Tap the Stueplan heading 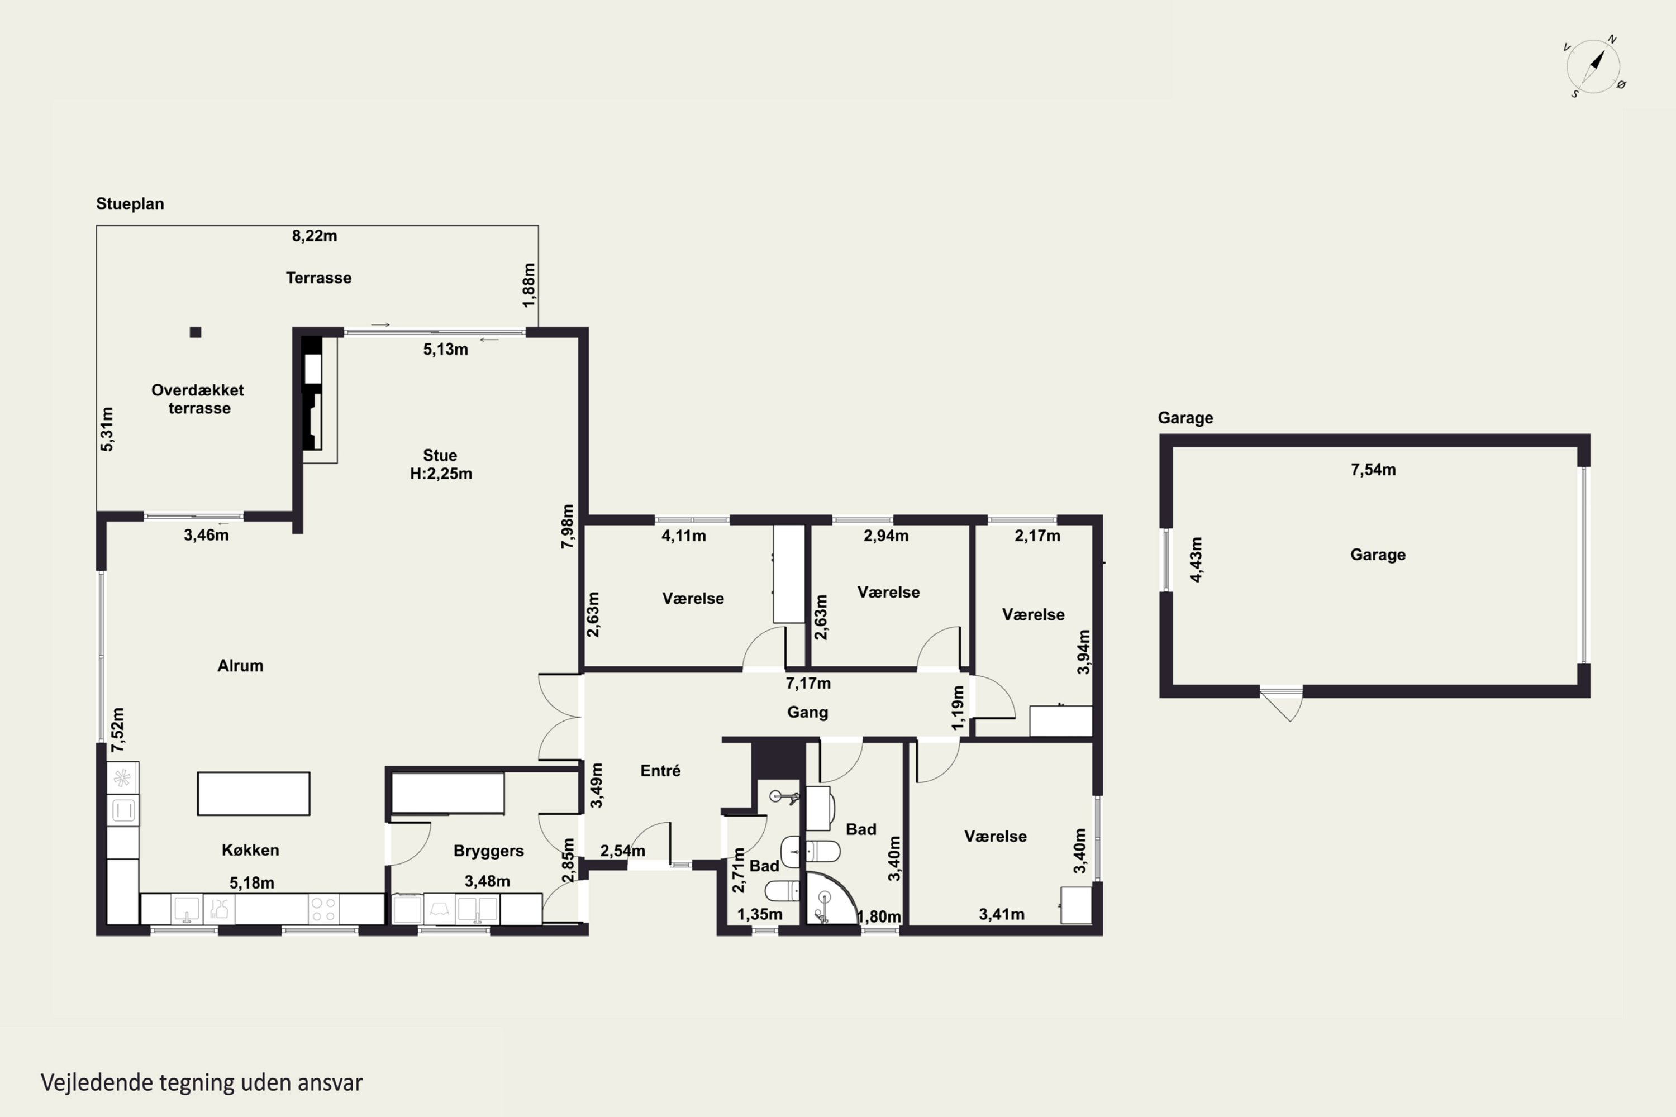[130, 204]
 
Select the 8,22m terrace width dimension [314, 236]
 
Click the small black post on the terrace [195, 332]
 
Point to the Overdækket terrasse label [198, 399]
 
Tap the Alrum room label [240, 665]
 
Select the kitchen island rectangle [254, 794]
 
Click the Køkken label [250, 850]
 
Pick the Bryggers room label [488, 851]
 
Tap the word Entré [660, 770]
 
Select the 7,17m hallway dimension [808, 683]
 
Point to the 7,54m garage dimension [1373, 470]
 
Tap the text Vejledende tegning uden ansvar [202, 1083]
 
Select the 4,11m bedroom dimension [683, 536]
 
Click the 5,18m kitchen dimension [251, 882]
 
